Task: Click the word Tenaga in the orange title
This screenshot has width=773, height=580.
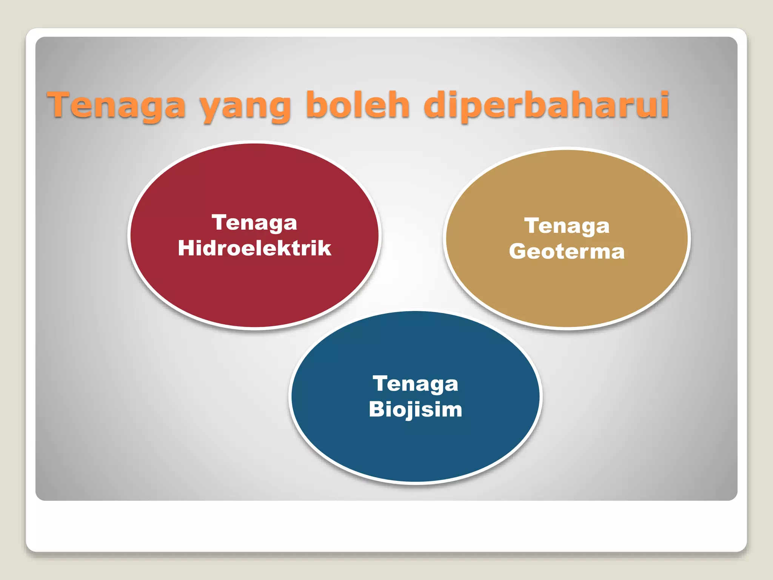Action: pos(116,105)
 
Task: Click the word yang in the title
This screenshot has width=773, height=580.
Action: pos(245,108)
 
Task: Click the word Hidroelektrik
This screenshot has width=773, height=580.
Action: pos(254,248)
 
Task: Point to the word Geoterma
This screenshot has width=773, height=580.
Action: pos(567,251)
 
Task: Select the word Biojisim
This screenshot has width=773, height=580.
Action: pos(415,409)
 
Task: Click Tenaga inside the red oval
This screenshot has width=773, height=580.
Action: pos(254,223)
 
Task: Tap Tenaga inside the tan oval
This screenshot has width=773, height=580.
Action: pos(567,226)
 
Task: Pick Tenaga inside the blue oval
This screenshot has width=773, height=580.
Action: pos(415,384)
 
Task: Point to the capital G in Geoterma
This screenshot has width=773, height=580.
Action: pos(517,251)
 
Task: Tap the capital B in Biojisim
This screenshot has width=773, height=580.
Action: pos(376,409)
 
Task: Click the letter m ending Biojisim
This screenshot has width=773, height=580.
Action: pos(452,410)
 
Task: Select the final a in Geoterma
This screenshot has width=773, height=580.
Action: pos(617,253)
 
